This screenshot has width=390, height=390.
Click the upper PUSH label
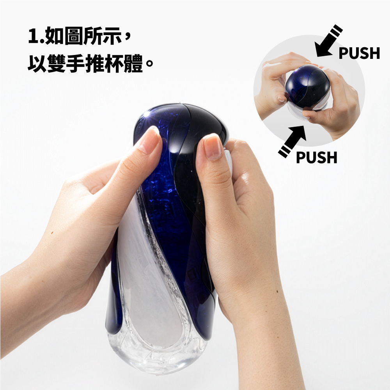pos(359,53)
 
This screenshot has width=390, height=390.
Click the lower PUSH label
pos(316,157)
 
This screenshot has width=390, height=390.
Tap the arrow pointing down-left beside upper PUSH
pos(328,41)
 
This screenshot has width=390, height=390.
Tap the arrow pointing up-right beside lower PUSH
pos(292,141)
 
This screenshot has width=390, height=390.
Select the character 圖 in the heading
pos(73,36)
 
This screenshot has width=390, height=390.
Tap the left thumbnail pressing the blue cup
pos(150,140)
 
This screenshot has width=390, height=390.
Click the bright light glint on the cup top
pos(147,115)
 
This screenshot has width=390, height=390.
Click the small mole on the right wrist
pos(277,291)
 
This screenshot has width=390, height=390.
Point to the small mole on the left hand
pos(52,233)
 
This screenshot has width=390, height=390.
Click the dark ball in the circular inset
pos(307,87)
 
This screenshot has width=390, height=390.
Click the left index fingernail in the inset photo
pos(282,99)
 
